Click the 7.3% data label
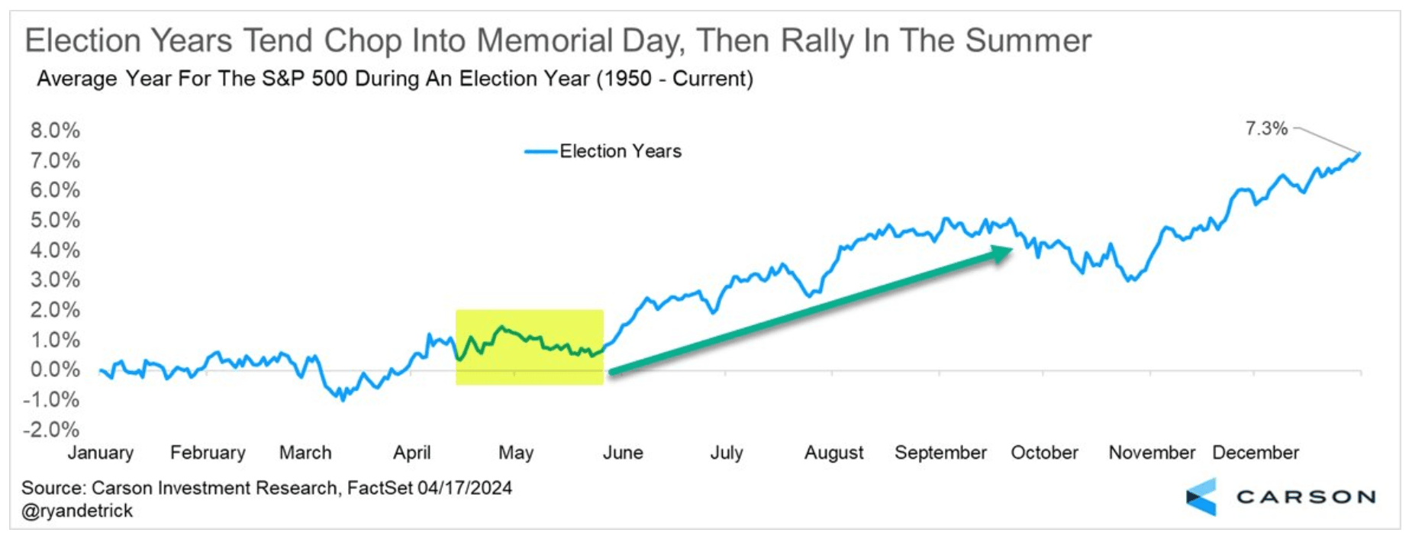[1265, 128]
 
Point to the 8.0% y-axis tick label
[55, 131]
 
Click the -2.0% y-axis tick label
[51, 429]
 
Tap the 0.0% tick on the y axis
[55, 370]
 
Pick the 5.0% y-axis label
[55, 221]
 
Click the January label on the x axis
[100, 453]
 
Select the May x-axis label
[515, 453]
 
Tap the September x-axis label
[940, 453]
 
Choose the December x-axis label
[1255, 453]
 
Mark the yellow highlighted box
[529, 347]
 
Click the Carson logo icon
[1201, 497]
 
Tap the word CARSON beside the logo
[1306, 498]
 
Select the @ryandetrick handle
[77, 511]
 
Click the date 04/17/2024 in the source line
[464, 488]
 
